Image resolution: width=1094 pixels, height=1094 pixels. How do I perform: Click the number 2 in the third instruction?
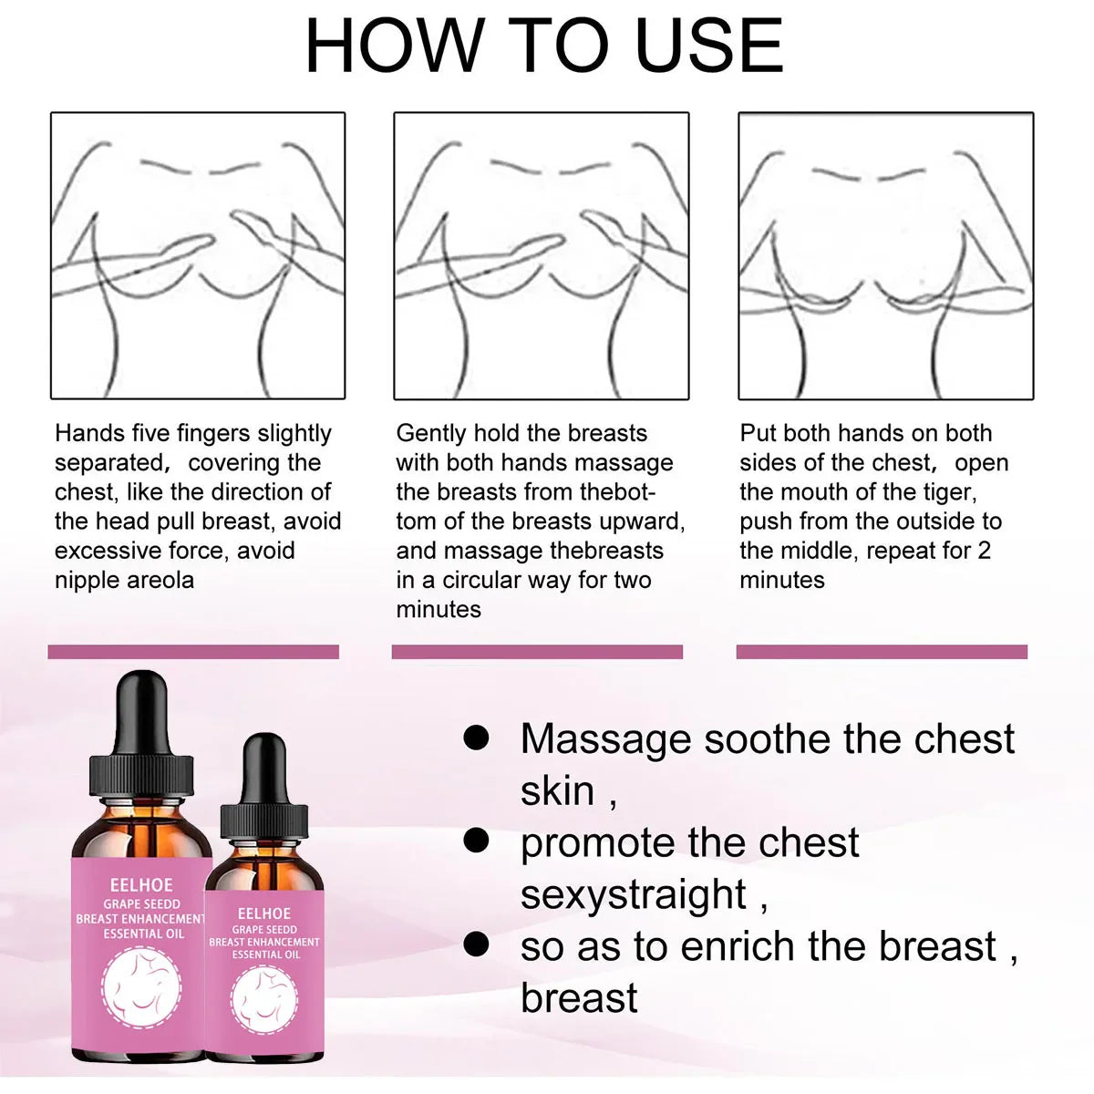click(x=984, y=552)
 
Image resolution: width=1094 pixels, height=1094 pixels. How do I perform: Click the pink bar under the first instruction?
click(x=193, y=651)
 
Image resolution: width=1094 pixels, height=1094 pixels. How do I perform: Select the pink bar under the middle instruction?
click(x=537, y=651)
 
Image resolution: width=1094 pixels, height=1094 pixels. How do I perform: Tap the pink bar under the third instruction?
click(x=882, y=651)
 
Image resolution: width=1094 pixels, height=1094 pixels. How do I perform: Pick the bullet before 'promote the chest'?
click(x=476, y=841)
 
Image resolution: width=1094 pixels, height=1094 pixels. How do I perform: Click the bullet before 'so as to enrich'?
click(x=476, y=944)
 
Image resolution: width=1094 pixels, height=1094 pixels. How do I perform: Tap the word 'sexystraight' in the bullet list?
click(x=634, y=895)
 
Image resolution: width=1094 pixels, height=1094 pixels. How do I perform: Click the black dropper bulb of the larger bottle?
click(x=140, y=713)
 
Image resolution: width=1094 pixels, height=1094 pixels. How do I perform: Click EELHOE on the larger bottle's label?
click(x=140, y=885)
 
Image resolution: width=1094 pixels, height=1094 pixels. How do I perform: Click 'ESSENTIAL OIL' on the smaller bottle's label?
click(x=265, y=955)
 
